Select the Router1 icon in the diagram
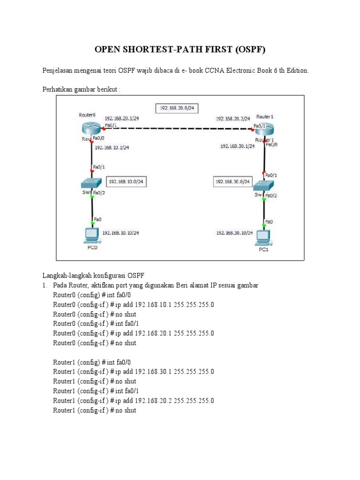pos(265,129)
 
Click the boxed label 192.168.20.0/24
pos(177,108)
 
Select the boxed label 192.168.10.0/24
pos(126,181)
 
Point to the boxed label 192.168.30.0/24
pos(233,181)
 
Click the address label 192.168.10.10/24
pos(120,232)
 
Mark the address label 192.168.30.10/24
pos(234,232)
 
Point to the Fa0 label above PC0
pos(97,219)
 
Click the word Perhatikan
pos(58,89)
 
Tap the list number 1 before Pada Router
pos(45,285)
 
